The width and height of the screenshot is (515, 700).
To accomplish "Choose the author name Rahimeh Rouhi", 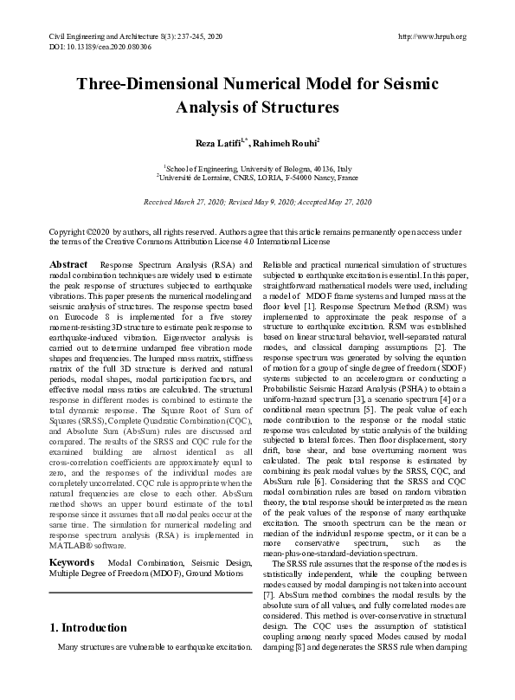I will point(287,140).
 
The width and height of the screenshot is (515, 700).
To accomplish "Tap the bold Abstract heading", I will point(68,263).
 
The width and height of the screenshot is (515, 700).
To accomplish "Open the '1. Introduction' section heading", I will point(88,628).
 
